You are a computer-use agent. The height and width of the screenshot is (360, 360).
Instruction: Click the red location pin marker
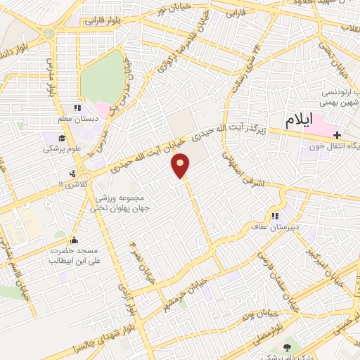pyautogui.click(x=181, y=165)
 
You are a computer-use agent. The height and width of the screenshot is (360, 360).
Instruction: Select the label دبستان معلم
pyautogui.click(x=73, y=119)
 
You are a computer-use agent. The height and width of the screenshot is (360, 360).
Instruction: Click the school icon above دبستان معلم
pyautogui.click(x=77, y=108)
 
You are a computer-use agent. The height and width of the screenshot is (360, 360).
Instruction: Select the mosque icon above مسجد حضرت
pyautogui.click(x=75, y=240)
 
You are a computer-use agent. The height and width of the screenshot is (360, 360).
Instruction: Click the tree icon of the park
pyautogui.click(x=285, y=349)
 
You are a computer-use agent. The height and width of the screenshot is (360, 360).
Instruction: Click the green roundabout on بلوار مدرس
pyautogui.click(x=49, y=34)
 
